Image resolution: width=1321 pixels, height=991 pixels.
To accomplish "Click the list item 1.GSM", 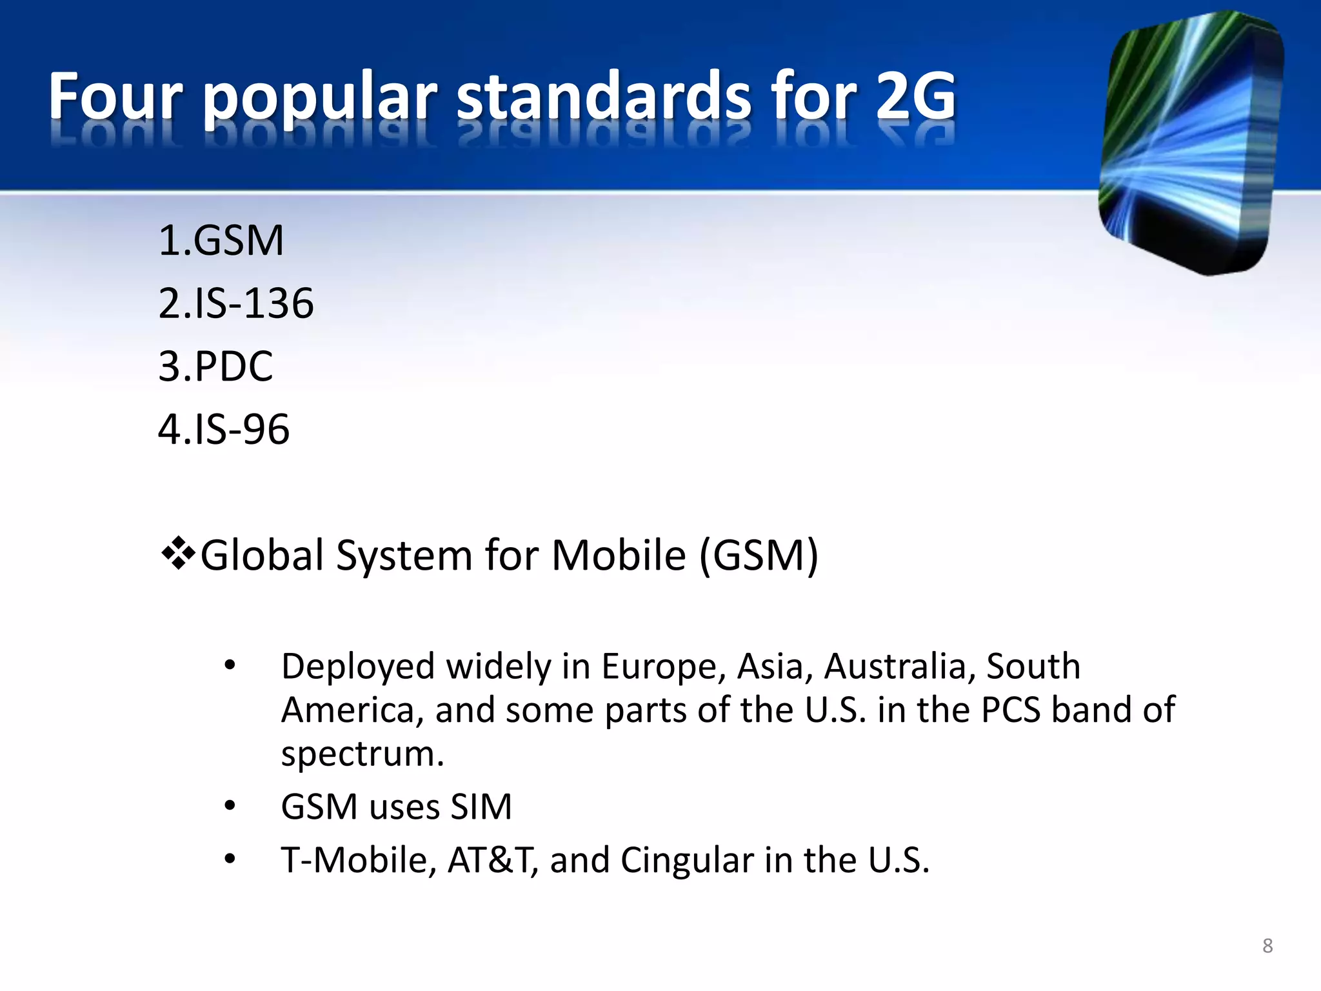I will click(221, 241).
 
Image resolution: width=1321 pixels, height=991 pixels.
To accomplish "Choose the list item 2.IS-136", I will click(236, 303).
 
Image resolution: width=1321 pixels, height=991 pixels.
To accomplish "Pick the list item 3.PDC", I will click(215, 366).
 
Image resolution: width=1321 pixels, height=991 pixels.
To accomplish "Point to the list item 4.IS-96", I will click(224, 429).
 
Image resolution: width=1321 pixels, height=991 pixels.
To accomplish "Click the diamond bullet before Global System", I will click(178, 554).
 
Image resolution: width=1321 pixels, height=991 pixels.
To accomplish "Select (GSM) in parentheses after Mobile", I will click(759, 555).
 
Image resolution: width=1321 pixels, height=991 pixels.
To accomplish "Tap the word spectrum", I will click(363, 754).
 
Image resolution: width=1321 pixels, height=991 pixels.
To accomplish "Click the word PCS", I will click(1011, 710).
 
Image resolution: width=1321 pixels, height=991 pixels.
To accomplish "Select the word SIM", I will click(481, 806).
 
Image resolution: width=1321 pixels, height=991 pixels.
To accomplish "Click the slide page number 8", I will click(1267, 946).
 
